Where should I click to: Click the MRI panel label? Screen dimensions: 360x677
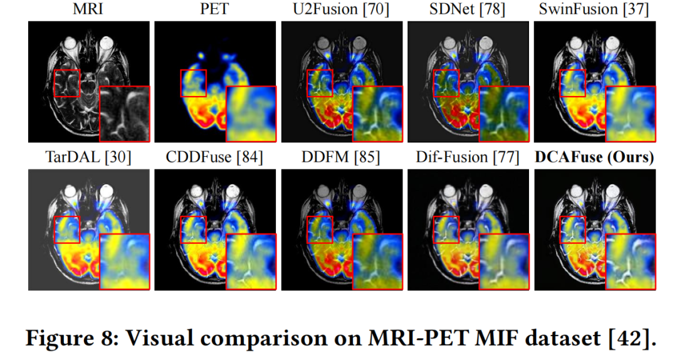88,11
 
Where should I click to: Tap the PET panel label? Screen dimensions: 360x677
214,11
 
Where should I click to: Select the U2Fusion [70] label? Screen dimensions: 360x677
341,11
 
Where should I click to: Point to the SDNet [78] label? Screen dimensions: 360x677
468,11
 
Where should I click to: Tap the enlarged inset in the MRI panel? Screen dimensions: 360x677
125,114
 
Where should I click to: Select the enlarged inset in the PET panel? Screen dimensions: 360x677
251,114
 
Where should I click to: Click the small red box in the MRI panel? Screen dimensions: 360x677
66,83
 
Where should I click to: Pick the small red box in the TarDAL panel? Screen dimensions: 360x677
66,230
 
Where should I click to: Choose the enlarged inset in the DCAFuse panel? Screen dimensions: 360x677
631,260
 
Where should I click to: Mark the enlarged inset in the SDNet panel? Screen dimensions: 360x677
504,114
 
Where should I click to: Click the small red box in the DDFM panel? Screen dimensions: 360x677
320,230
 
